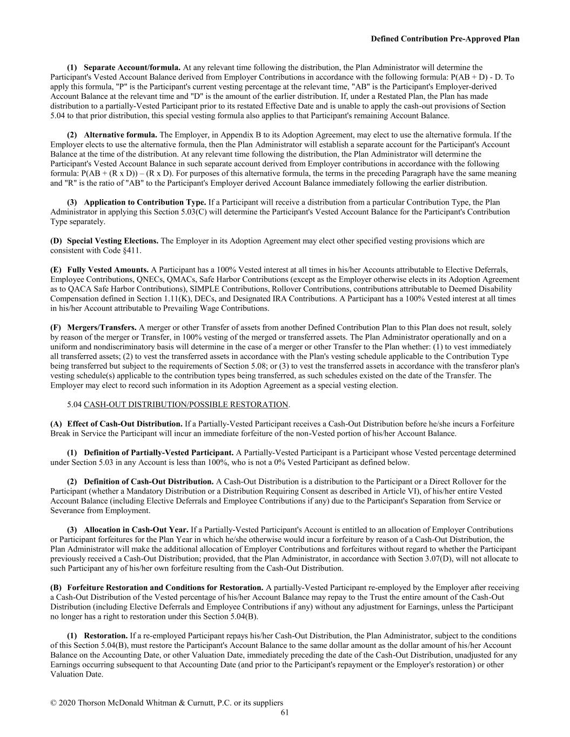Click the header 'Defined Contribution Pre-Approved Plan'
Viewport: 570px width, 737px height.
[x=445, y=39]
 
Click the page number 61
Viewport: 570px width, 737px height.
[x=285, y=712]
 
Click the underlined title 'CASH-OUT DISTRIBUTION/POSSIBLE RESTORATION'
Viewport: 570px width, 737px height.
[x=186, y=404]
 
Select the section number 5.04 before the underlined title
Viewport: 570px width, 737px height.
[x=75, y=404]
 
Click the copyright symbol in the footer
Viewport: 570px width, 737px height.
[x=53, y=703]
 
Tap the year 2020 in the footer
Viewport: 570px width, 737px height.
[x=67, y=703]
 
